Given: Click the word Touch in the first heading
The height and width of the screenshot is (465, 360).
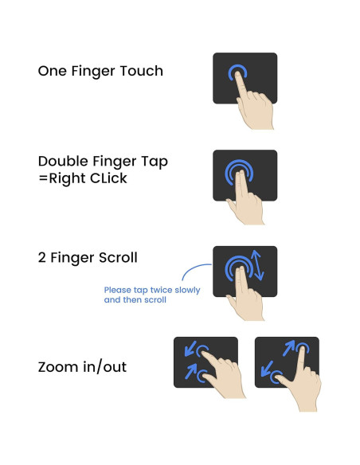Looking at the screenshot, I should [x=141, y=71].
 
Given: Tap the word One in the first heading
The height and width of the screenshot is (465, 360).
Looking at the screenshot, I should [x=53, y=71].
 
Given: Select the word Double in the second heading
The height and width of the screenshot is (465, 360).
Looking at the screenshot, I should [x=65, y=162].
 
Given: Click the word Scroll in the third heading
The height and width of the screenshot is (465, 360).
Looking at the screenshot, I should [x=116, y=257].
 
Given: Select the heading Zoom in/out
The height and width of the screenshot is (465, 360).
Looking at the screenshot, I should [x=81, y=368].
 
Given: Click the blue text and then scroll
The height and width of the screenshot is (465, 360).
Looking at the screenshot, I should [x=135, y=301].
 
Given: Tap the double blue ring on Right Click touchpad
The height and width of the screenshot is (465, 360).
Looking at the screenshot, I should [x=236, y=173].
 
